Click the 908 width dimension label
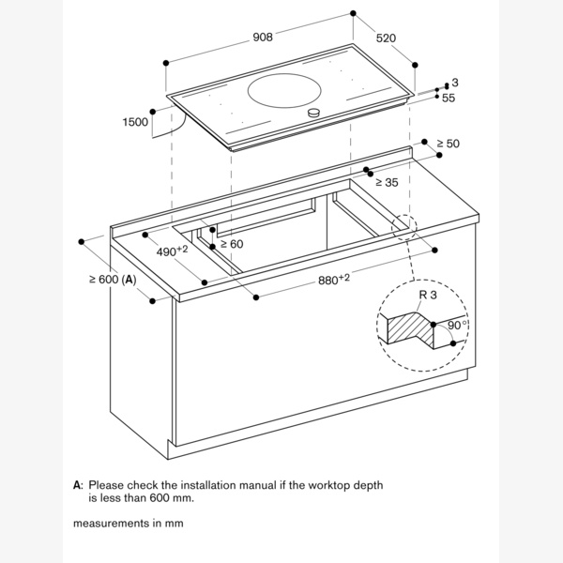(263, 37)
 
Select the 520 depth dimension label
(386, 38)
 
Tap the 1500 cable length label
(135, 122)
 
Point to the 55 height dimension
(449, 98)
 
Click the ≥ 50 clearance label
(448, 144)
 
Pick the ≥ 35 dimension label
(387, 182)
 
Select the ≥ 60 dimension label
(232, 244)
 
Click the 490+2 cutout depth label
(172, 251)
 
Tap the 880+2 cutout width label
(334, 279)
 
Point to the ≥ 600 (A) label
(113, 280)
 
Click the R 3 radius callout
(428, 295)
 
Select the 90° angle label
(458, 326)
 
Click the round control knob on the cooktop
(313, 114)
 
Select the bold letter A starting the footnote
(77, 485)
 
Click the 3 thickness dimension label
(455, 83)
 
